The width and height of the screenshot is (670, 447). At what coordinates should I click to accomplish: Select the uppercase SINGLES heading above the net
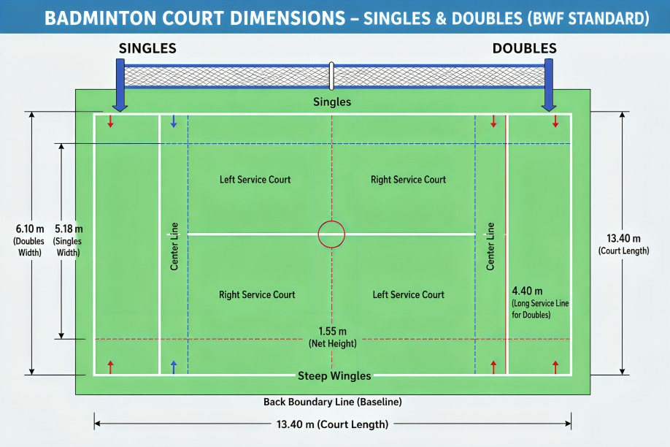[147, 48]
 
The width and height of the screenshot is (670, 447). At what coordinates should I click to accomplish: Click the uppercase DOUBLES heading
[524, 48]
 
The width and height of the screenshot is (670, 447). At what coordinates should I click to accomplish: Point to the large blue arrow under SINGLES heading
[120, 85]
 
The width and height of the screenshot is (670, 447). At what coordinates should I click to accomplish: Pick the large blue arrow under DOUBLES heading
[549, 85]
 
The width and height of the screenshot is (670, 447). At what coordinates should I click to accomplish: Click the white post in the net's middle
[331, 76]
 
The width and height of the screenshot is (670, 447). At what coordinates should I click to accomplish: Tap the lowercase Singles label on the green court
[332, 102]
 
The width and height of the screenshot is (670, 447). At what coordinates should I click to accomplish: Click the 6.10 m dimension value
[30, 229]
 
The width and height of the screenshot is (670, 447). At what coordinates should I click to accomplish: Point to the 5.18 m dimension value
[69, 229]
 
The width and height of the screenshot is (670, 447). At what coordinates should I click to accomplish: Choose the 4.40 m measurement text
[527, 291]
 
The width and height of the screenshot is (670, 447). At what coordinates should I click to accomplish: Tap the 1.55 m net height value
[332, 331]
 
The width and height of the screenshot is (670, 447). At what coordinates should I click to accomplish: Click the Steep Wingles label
[334, 375]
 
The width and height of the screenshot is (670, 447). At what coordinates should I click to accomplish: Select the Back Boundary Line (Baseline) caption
[332, 402]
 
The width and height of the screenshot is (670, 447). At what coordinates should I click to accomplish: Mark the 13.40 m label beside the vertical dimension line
[623, 238]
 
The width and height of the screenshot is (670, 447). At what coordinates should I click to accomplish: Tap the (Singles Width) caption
[68, 247]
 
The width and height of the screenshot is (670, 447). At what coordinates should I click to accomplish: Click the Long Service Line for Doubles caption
[540, 309]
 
